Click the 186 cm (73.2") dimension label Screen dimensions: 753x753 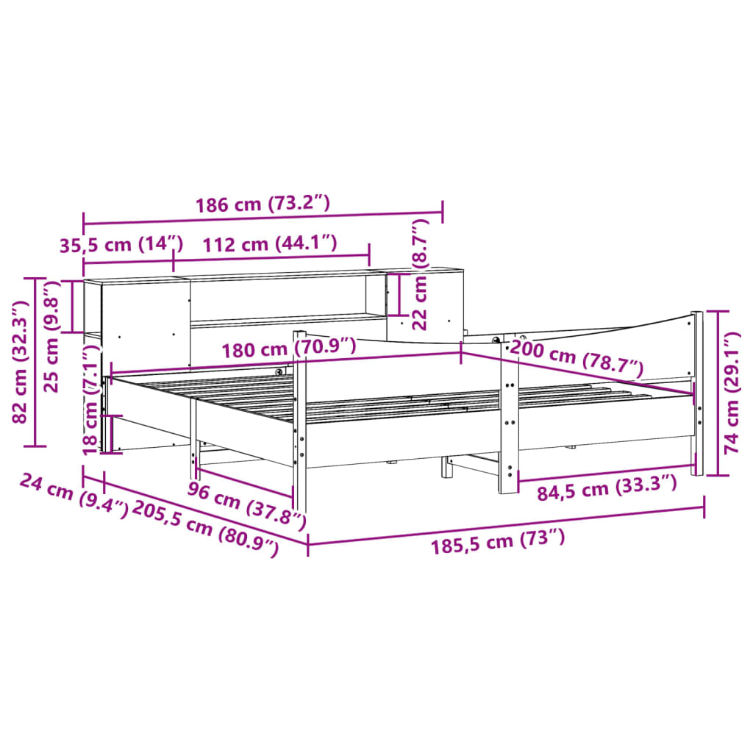point(263,204)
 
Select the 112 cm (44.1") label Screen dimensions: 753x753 point(270,244)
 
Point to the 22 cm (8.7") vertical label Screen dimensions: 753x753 point(420,274)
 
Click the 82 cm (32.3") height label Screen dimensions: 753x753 point(22,362)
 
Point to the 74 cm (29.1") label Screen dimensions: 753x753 point(732,393)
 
